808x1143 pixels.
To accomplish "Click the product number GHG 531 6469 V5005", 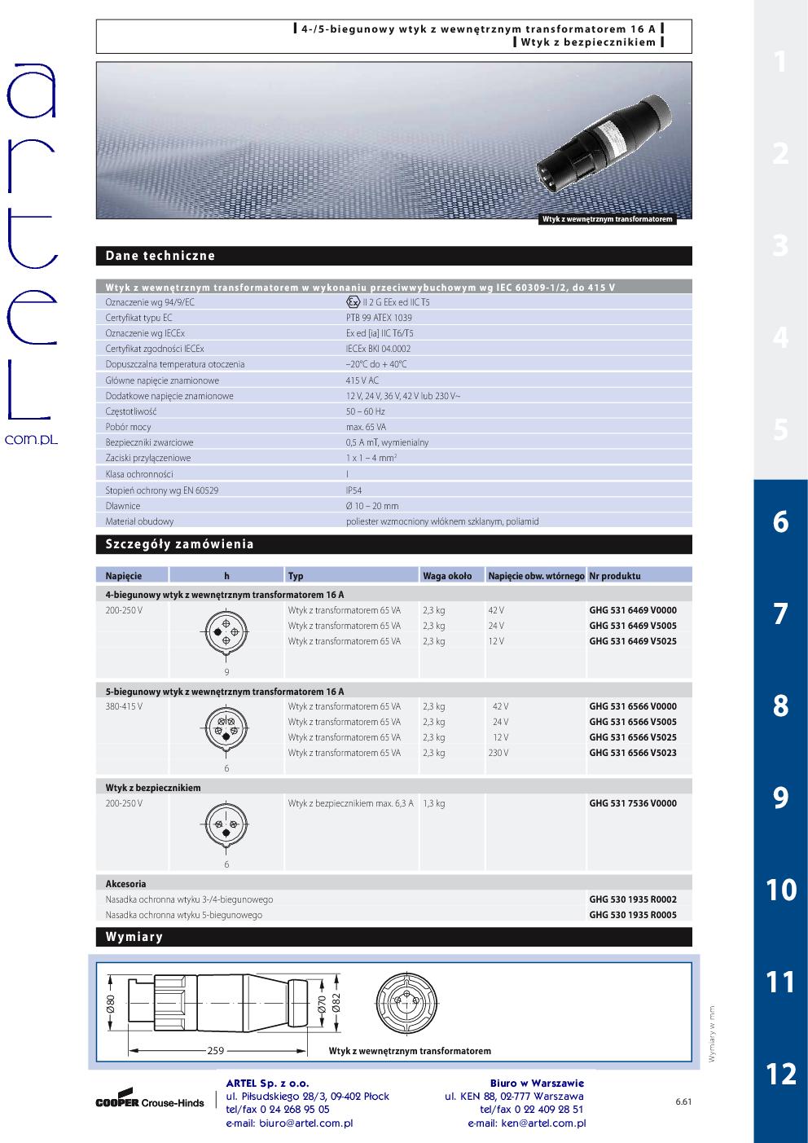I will (x=632, y=626).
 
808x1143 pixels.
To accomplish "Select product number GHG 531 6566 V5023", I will (x=632, y=753).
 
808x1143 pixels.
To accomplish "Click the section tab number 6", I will (x=780, y=521).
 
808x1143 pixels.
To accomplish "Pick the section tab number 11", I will (x=780, y=982).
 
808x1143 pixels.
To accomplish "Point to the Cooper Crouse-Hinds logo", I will (x=150, y=1100).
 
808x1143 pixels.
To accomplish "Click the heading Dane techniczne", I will (x=160, y=256).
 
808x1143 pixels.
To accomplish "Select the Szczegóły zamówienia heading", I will (x=180, y=544).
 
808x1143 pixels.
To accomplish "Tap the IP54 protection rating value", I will (x=353, y=490).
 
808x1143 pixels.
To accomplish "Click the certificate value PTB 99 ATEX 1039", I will (x=379, y=318).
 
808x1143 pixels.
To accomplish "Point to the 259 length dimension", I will (x=215, y=1051).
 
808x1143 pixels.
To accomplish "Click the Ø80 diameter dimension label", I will (x=110, y=1005).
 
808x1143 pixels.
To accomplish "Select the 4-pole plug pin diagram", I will (x=226, y=632).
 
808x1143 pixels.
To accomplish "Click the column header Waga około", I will (x=447, y=576).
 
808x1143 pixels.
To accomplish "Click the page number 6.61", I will (x=683, y=1102).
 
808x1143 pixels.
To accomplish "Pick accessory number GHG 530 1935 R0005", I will (x=632, y=915).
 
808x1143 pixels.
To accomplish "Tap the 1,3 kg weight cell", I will (x=434, y=803).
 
